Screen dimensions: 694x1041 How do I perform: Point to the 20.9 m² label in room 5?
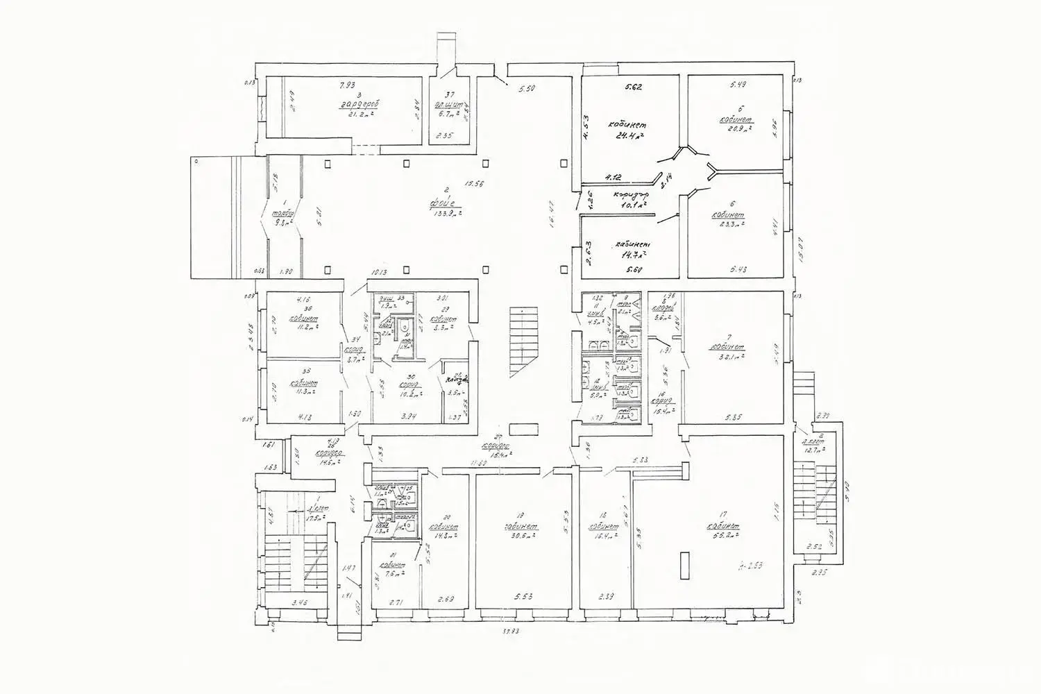pos(736,130)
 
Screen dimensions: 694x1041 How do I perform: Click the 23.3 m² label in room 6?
pos(729,224)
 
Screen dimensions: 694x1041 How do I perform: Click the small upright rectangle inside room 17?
pos(685,565)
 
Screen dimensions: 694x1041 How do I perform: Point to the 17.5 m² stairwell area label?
pos(301,518)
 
